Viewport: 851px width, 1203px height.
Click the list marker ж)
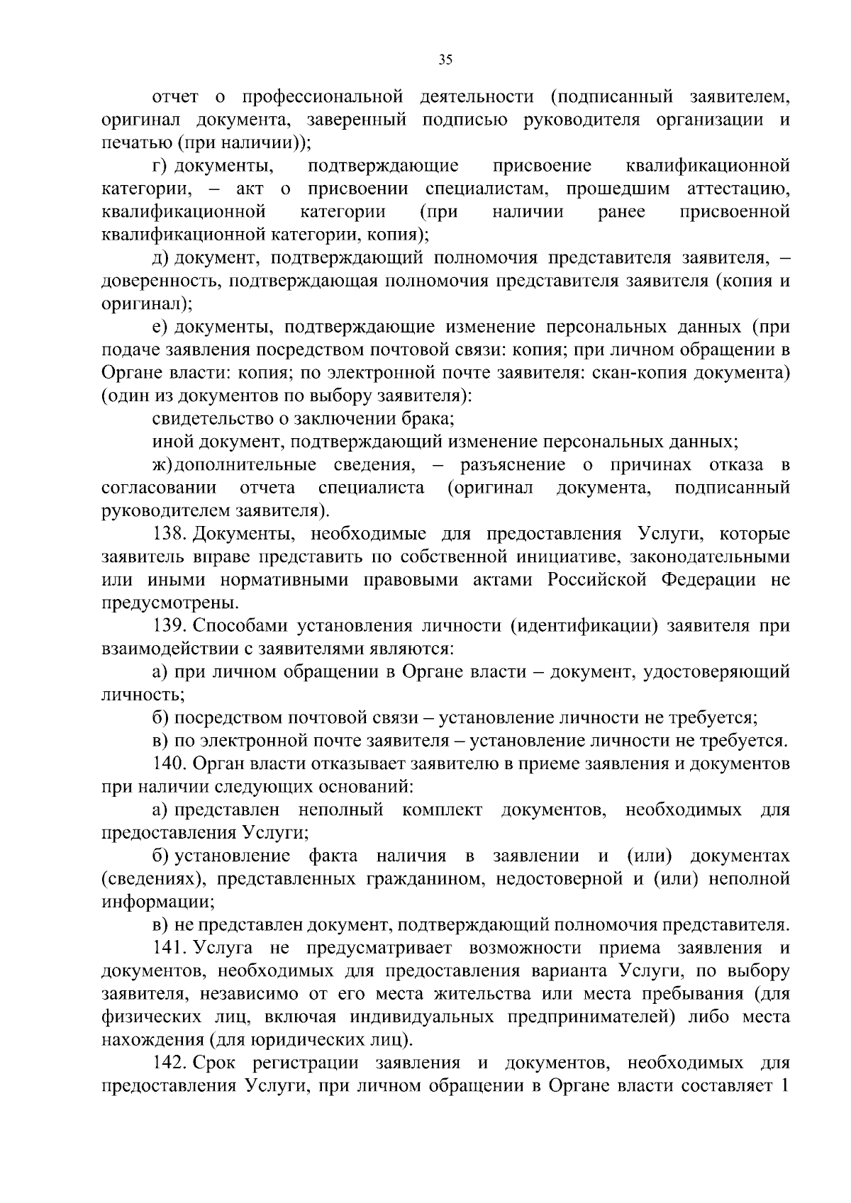(162, 465)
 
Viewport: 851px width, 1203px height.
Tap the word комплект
(442, 810)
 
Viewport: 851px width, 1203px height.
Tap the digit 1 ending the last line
(785, 1086)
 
